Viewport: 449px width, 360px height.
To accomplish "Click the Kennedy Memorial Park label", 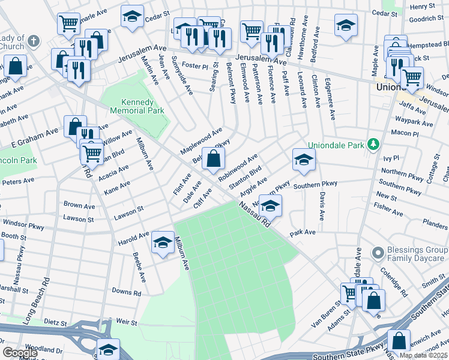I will coord(134,106).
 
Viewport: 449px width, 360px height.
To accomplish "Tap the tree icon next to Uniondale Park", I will coord(373,145).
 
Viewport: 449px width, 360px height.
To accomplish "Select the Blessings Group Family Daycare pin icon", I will coord(378,252).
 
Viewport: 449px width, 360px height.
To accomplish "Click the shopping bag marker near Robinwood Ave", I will coord(213,160).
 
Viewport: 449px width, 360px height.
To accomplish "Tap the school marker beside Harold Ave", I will coord(162,242).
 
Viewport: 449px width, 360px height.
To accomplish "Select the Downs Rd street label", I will coord(126,293).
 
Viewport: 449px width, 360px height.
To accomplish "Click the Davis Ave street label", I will coord(322,206).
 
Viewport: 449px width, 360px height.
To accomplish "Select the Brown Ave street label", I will coord(79,205).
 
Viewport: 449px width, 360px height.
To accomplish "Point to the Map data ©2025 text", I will coord(423,355).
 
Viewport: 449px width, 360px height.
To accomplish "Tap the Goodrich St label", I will coord(426,19).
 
